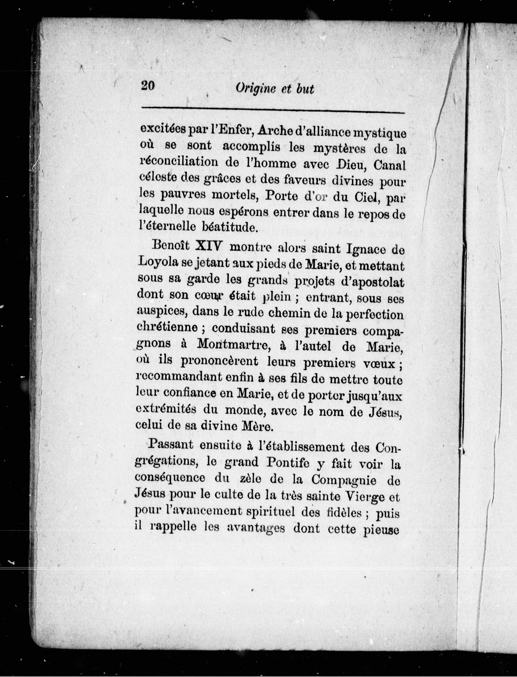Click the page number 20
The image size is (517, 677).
148,85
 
